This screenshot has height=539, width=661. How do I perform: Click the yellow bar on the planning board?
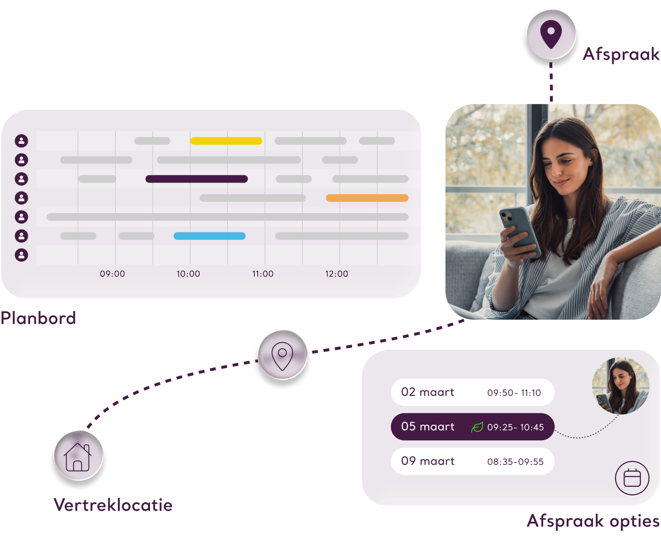point(226,141)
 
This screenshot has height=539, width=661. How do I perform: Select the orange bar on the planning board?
point(367,198)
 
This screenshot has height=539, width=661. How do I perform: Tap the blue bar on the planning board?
point(209,236)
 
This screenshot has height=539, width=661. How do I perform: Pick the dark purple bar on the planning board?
point(196,179)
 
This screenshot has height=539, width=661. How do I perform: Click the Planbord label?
point(38,318)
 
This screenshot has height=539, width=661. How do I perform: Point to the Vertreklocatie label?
point(113,505)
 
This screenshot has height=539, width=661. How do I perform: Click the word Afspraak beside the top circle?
point(621,54)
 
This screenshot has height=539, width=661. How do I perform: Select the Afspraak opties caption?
point(593,521)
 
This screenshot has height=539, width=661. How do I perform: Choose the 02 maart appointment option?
point(472,392)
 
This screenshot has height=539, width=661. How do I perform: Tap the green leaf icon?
point(477,427)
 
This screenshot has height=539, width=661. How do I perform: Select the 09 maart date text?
point(428,461)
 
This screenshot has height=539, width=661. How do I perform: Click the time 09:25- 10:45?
point(515,427)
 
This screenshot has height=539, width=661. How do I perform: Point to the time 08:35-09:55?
point(515,462)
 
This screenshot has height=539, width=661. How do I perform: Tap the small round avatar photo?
point(620,386)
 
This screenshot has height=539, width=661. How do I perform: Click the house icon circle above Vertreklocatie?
point(79,456)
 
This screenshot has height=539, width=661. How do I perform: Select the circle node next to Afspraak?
point(551,35)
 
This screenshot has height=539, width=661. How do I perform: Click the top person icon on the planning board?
point(22,141)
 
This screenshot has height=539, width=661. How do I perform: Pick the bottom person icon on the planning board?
point(22,255)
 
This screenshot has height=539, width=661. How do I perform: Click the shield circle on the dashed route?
point(282,356)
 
